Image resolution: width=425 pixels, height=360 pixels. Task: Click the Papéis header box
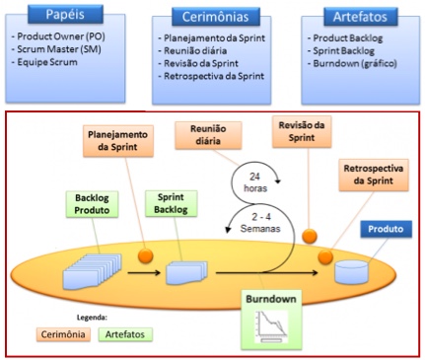click(65, 14)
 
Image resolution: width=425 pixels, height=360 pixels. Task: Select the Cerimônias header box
click(216, 17)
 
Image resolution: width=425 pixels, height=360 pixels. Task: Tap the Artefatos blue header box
click(360, 17)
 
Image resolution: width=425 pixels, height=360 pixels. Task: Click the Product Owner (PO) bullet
click(58, 36)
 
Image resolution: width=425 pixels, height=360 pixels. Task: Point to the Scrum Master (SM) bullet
click(56, 49)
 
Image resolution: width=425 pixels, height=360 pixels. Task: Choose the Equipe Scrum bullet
click(44, 62)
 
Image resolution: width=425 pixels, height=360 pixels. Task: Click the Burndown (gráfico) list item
click(352, 63)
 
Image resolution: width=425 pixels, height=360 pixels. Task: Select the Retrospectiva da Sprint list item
click(211, 76)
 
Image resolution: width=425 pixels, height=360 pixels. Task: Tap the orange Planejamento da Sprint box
click(118, 141)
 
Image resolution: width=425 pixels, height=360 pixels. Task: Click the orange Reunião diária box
click(208, 135)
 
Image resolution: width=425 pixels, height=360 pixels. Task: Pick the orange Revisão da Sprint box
click(302, 131)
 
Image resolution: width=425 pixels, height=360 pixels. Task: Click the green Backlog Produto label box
click(92, 204)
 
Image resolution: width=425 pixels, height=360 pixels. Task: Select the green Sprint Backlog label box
click(171, 203)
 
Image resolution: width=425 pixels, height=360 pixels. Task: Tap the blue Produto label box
click(386, 229)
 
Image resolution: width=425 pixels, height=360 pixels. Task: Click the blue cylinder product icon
click(351, 272)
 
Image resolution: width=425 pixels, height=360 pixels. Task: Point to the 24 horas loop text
click(255, 182)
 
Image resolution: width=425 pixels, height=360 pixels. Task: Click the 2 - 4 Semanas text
click(260, 223)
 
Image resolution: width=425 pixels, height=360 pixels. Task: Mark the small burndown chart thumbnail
click(271, 326)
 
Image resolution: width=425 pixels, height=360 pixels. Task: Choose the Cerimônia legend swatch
click(63, 334)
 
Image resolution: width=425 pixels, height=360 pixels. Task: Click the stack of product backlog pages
click(93, 271)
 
